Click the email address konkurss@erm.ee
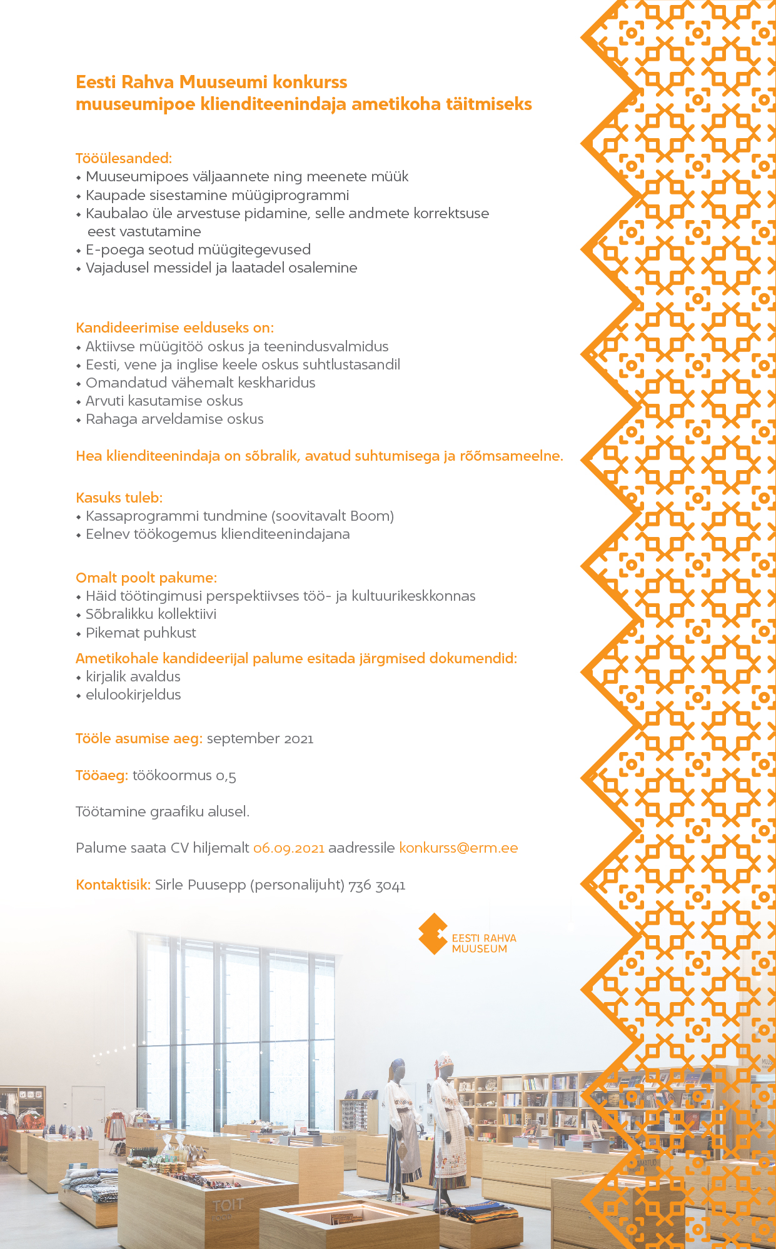(458, 848)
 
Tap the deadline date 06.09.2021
(289, 848)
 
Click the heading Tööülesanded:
(124, 158)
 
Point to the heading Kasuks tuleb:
(119, 498)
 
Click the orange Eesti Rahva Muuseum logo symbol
(433, 934)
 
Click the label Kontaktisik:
(113, 885)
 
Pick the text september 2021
(260, 739)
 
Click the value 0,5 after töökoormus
(226, 776)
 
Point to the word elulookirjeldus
(133, 695)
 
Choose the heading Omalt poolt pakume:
(146, 578)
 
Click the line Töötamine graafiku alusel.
(163, 812)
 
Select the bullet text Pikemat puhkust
(141, 633)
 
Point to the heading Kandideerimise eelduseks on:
(174, 328)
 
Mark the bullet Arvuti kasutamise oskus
(164, 401)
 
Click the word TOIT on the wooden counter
(228, 1205)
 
